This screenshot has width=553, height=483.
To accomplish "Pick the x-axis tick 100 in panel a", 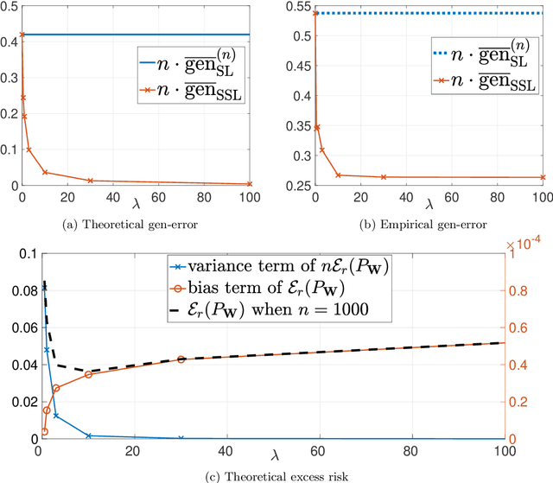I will click(x=249, y=198).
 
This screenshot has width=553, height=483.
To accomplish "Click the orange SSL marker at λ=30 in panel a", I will click(x=90, y=181).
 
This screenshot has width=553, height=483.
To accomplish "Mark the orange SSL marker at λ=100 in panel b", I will click(x=543, y=178).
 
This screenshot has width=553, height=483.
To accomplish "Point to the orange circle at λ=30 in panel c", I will click(x=180, y=359).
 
